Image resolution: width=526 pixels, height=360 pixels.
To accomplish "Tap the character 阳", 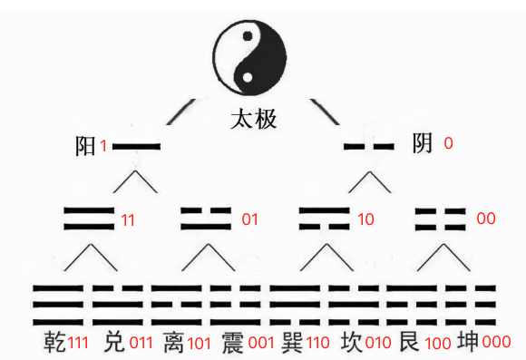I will pos(86,146).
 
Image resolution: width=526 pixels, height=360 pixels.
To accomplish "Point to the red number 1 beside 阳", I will pos(104,146).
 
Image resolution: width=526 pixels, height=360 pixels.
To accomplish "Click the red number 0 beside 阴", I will pos(448,143).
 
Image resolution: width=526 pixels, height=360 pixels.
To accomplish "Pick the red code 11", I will pos(129,219).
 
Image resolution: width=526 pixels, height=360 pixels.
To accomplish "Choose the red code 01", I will pos(249,219).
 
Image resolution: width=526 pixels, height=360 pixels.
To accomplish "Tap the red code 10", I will pos(366,219).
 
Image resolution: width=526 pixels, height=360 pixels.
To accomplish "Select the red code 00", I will pos(485,219).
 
